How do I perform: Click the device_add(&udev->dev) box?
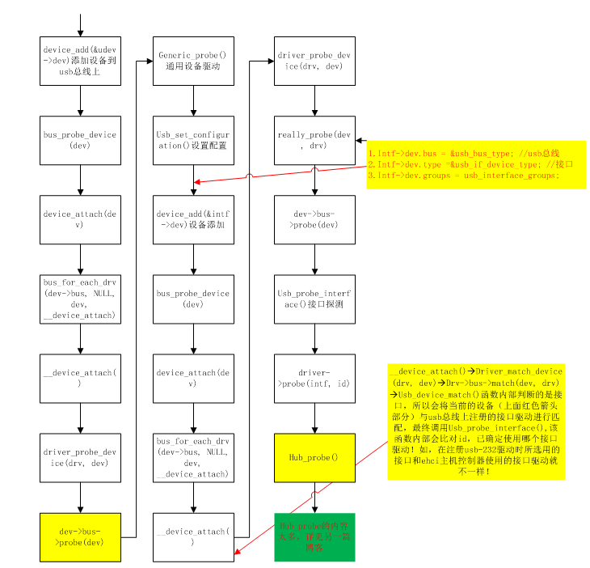click(80, 61)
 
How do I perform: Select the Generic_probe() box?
click(193, 61)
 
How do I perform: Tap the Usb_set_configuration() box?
click(193, 140)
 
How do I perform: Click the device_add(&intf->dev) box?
click(193, 219)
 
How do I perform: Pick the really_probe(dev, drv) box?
click(314, 140)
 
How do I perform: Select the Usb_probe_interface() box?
click(314, 299)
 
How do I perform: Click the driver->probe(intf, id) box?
click(314, 378)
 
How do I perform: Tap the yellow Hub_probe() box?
click(314, 457)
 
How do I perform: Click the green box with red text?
click(314, 536)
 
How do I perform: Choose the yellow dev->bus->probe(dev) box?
click(80, 536)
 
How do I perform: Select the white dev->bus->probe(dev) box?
click(314, 219)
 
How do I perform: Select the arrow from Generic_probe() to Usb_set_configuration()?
click(193, 100)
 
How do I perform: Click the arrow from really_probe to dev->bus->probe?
click(314, 180)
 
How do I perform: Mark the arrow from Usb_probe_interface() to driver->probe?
click(314, 338)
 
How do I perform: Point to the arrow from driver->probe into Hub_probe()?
click(314, 418)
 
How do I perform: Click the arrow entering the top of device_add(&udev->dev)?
click(80, 25)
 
